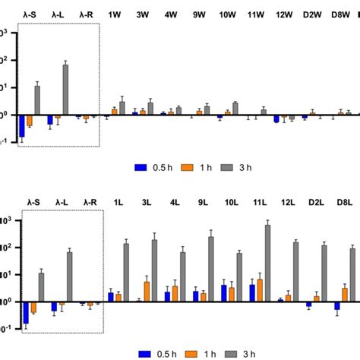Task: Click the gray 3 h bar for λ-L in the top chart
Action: (x=65, y=90)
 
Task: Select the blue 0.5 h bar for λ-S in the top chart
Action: (x=21, y=125)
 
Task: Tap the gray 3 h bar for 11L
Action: (x=267, y=263)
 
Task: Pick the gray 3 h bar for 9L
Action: (x=210, y=269)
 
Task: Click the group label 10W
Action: (x=226, y=14)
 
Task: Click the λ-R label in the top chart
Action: (x=87, y=14)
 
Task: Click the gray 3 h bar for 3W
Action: (x=150, y=108)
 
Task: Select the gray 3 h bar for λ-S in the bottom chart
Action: (x=41, y=287)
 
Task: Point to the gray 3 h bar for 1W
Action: (x=122, y=107)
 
